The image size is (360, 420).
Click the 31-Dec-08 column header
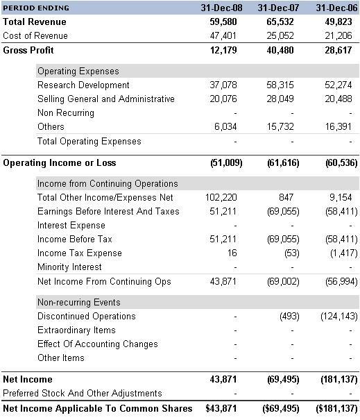coord(221,8)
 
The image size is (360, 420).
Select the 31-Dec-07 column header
coord(278,8)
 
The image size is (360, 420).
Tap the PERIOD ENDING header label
coord(36,8)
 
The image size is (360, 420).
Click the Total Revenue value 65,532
coord(280,22)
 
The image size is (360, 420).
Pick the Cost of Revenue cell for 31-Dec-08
coord(223,35)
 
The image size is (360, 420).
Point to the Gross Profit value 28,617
coord(338,50)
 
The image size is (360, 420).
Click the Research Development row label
coord(83,85)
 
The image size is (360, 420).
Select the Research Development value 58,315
coord(280,85)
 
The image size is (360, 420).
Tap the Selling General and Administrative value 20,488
coord(338,99)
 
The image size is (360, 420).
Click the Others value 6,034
coord(225,126)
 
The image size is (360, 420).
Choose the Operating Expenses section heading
coord(78,71)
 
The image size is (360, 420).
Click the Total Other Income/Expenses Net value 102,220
coord(221,197)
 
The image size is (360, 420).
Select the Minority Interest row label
coord(69,267)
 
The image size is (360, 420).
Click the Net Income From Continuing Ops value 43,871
coord(223,281)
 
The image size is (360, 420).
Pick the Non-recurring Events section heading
coord(79,302)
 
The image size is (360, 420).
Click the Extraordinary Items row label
coord(76,330)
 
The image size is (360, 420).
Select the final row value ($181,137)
coord(336,408)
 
